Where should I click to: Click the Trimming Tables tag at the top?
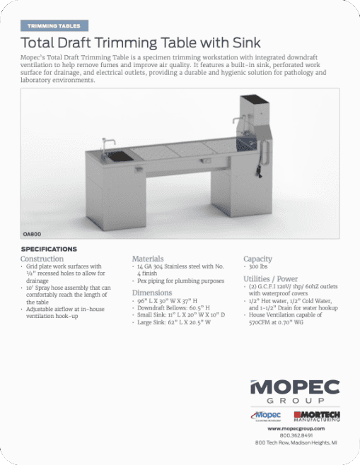point(54,25)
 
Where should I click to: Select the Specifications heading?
point(50,249)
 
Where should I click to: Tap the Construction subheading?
point(42,259)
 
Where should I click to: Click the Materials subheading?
point(148,259)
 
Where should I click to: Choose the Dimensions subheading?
point(151,292)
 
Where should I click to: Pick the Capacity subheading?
point(257,259)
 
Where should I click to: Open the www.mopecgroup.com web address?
point(296,429)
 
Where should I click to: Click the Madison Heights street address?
point(296,442)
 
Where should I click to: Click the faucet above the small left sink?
point(108,146)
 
